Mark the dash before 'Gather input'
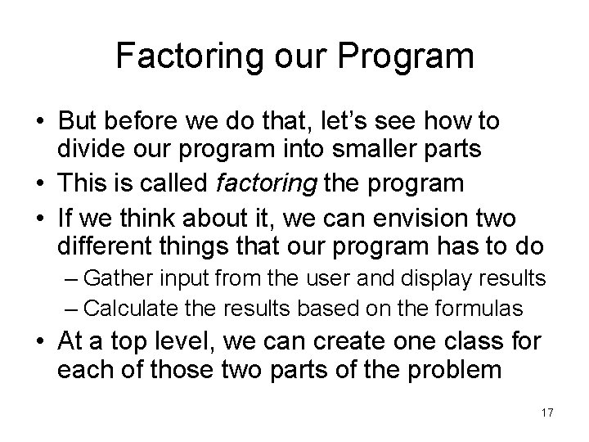[x=71, y=278]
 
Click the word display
[x=440, y=277]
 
